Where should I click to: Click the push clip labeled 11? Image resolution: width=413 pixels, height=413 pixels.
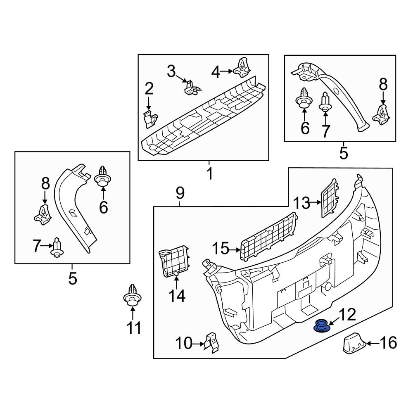(x=133, y=296)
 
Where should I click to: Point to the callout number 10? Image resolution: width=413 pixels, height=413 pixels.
(x=183, y=343)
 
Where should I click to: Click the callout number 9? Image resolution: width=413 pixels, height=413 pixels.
(x=180, y=193)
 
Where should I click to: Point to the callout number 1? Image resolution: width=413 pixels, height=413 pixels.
(x=209, y=174)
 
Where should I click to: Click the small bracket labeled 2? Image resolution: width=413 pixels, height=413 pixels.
(x=151, y=119)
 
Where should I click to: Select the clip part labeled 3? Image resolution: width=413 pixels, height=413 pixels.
(x=191, y=87)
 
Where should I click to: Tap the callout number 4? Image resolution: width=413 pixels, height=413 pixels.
(x=216, y=72)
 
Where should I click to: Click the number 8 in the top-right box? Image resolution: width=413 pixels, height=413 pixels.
(x=383, y=85)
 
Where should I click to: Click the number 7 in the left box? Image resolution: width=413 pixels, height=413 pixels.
(x=37, y=247)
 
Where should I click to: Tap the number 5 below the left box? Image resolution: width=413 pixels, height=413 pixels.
(x=72, y=279)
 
